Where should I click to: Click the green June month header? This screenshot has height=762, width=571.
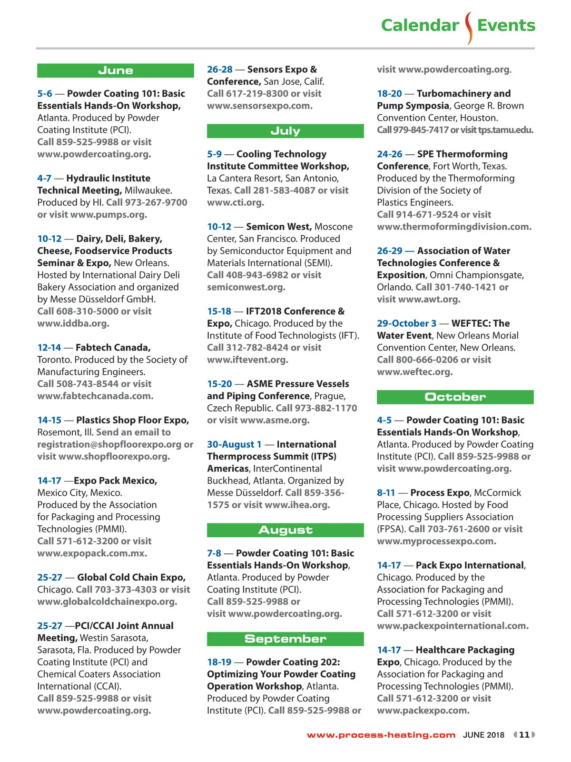click(x=116, y=70)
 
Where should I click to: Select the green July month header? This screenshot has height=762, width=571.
click(x=285, y=131)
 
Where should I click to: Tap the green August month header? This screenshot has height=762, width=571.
click(x=285, y=530)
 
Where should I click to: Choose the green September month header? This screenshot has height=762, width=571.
click(x=285, y=639)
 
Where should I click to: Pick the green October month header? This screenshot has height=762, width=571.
click(x=455, y=397)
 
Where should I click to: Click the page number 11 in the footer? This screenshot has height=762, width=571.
click(x=524, y=734)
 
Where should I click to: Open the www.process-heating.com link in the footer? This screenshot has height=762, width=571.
click(x=381, y=735)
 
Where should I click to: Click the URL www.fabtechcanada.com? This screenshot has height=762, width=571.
click(x=95, y=396)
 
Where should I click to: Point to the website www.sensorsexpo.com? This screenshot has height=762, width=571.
click(x=259, y=106)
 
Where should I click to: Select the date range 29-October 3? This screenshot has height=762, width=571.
click(x=406, y=323)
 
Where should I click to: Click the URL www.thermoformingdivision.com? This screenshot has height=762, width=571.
click(x=454, y=227)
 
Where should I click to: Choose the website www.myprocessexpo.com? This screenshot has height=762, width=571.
click(x=436, y=541)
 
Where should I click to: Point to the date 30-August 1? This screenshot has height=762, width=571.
click(x=234, y=444)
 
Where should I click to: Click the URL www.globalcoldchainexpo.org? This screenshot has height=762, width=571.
click(x=107, y=602)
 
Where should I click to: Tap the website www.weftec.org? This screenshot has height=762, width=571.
click(x=414, y=372)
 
